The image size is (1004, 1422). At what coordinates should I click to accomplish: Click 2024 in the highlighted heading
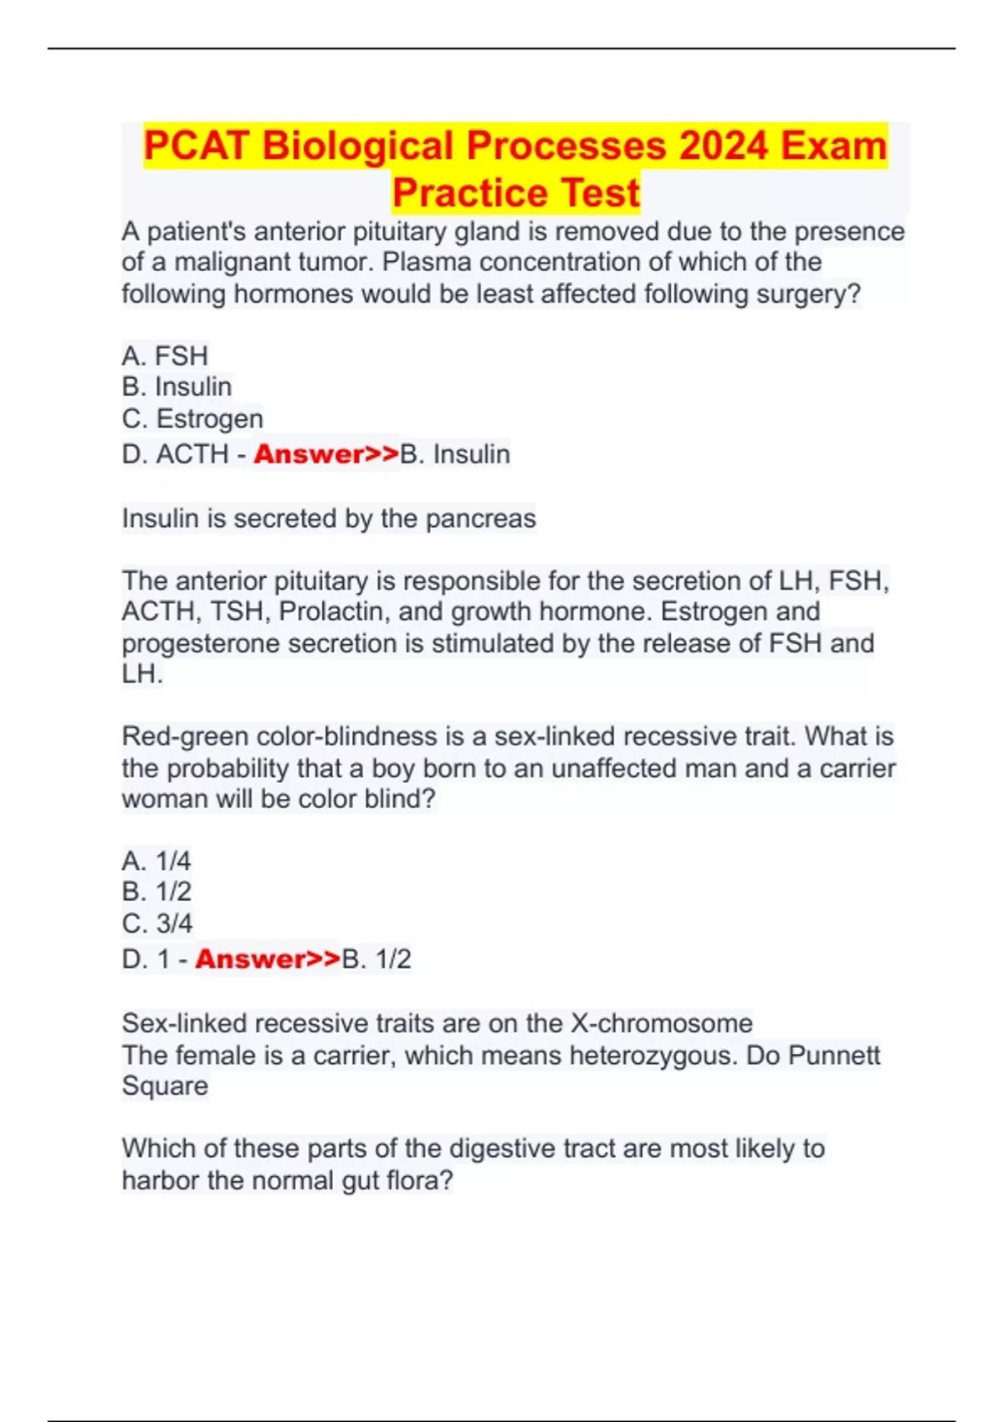[x=723, y=146]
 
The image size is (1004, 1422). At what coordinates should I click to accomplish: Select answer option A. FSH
[x=165, y=355]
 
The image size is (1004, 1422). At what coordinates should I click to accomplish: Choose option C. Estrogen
[x=192, y=418]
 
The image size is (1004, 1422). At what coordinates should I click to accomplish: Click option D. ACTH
[x=176, y=454]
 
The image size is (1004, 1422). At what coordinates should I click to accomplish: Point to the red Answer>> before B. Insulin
[x=326, y=454]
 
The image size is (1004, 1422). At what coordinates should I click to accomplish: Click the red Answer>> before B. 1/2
[x=268, y=959]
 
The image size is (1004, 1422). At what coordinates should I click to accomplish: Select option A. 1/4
[x=156, y=861]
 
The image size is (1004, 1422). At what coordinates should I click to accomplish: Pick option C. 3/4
[x=157, y=923]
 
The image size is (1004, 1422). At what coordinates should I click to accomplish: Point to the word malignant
[x=228, y=262]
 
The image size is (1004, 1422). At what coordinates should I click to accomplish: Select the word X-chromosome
[x=661, y=1023]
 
